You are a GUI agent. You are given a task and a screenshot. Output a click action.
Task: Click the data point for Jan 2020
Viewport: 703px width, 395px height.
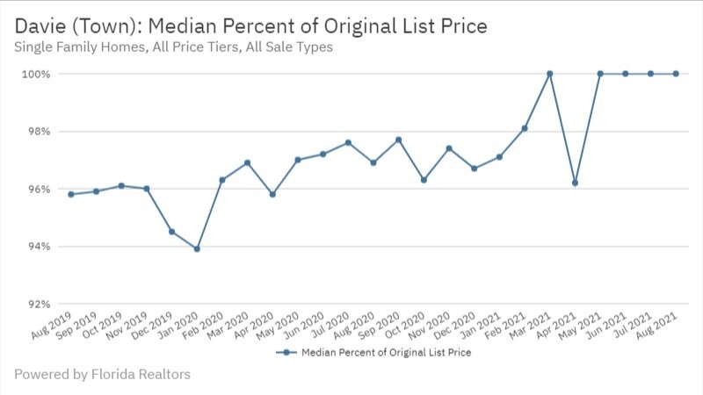pyautogui.click(x=197, y=249)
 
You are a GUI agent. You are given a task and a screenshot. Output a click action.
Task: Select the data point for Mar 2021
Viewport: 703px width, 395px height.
pyautogui.click(x=549, y=74)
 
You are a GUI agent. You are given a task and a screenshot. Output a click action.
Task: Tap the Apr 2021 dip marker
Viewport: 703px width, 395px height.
pyautogui.click(x=575, y=183)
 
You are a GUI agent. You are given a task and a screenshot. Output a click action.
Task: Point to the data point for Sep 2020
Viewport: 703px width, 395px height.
pyautogui.click(x=398, y=140)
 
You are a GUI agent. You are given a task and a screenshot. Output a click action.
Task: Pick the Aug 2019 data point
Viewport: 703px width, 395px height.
pyautogui.click(x=70, y=194)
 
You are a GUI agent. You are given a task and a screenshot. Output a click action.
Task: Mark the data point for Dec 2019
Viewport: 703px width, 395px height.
pyautogui.click(x=171, y=232)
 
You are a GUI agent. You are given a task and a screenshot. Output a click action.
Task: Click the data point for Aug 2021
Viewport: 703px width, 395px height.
pyautogui.click(x=676, y=74)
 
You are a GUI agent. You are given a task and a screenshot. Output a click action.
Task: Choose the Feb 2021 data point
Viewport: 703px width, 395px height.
pyautogui.click(x=525, y=128)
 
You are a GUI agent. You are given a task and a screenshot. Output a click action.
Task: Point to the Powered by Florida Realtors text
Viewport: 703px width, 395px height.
pyautogui.click(x=102, y=375)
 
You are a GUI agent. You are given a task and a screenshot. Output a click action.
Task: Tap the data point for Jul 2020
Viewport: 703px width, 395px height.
pyautogui.click(x=348, y=142)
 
